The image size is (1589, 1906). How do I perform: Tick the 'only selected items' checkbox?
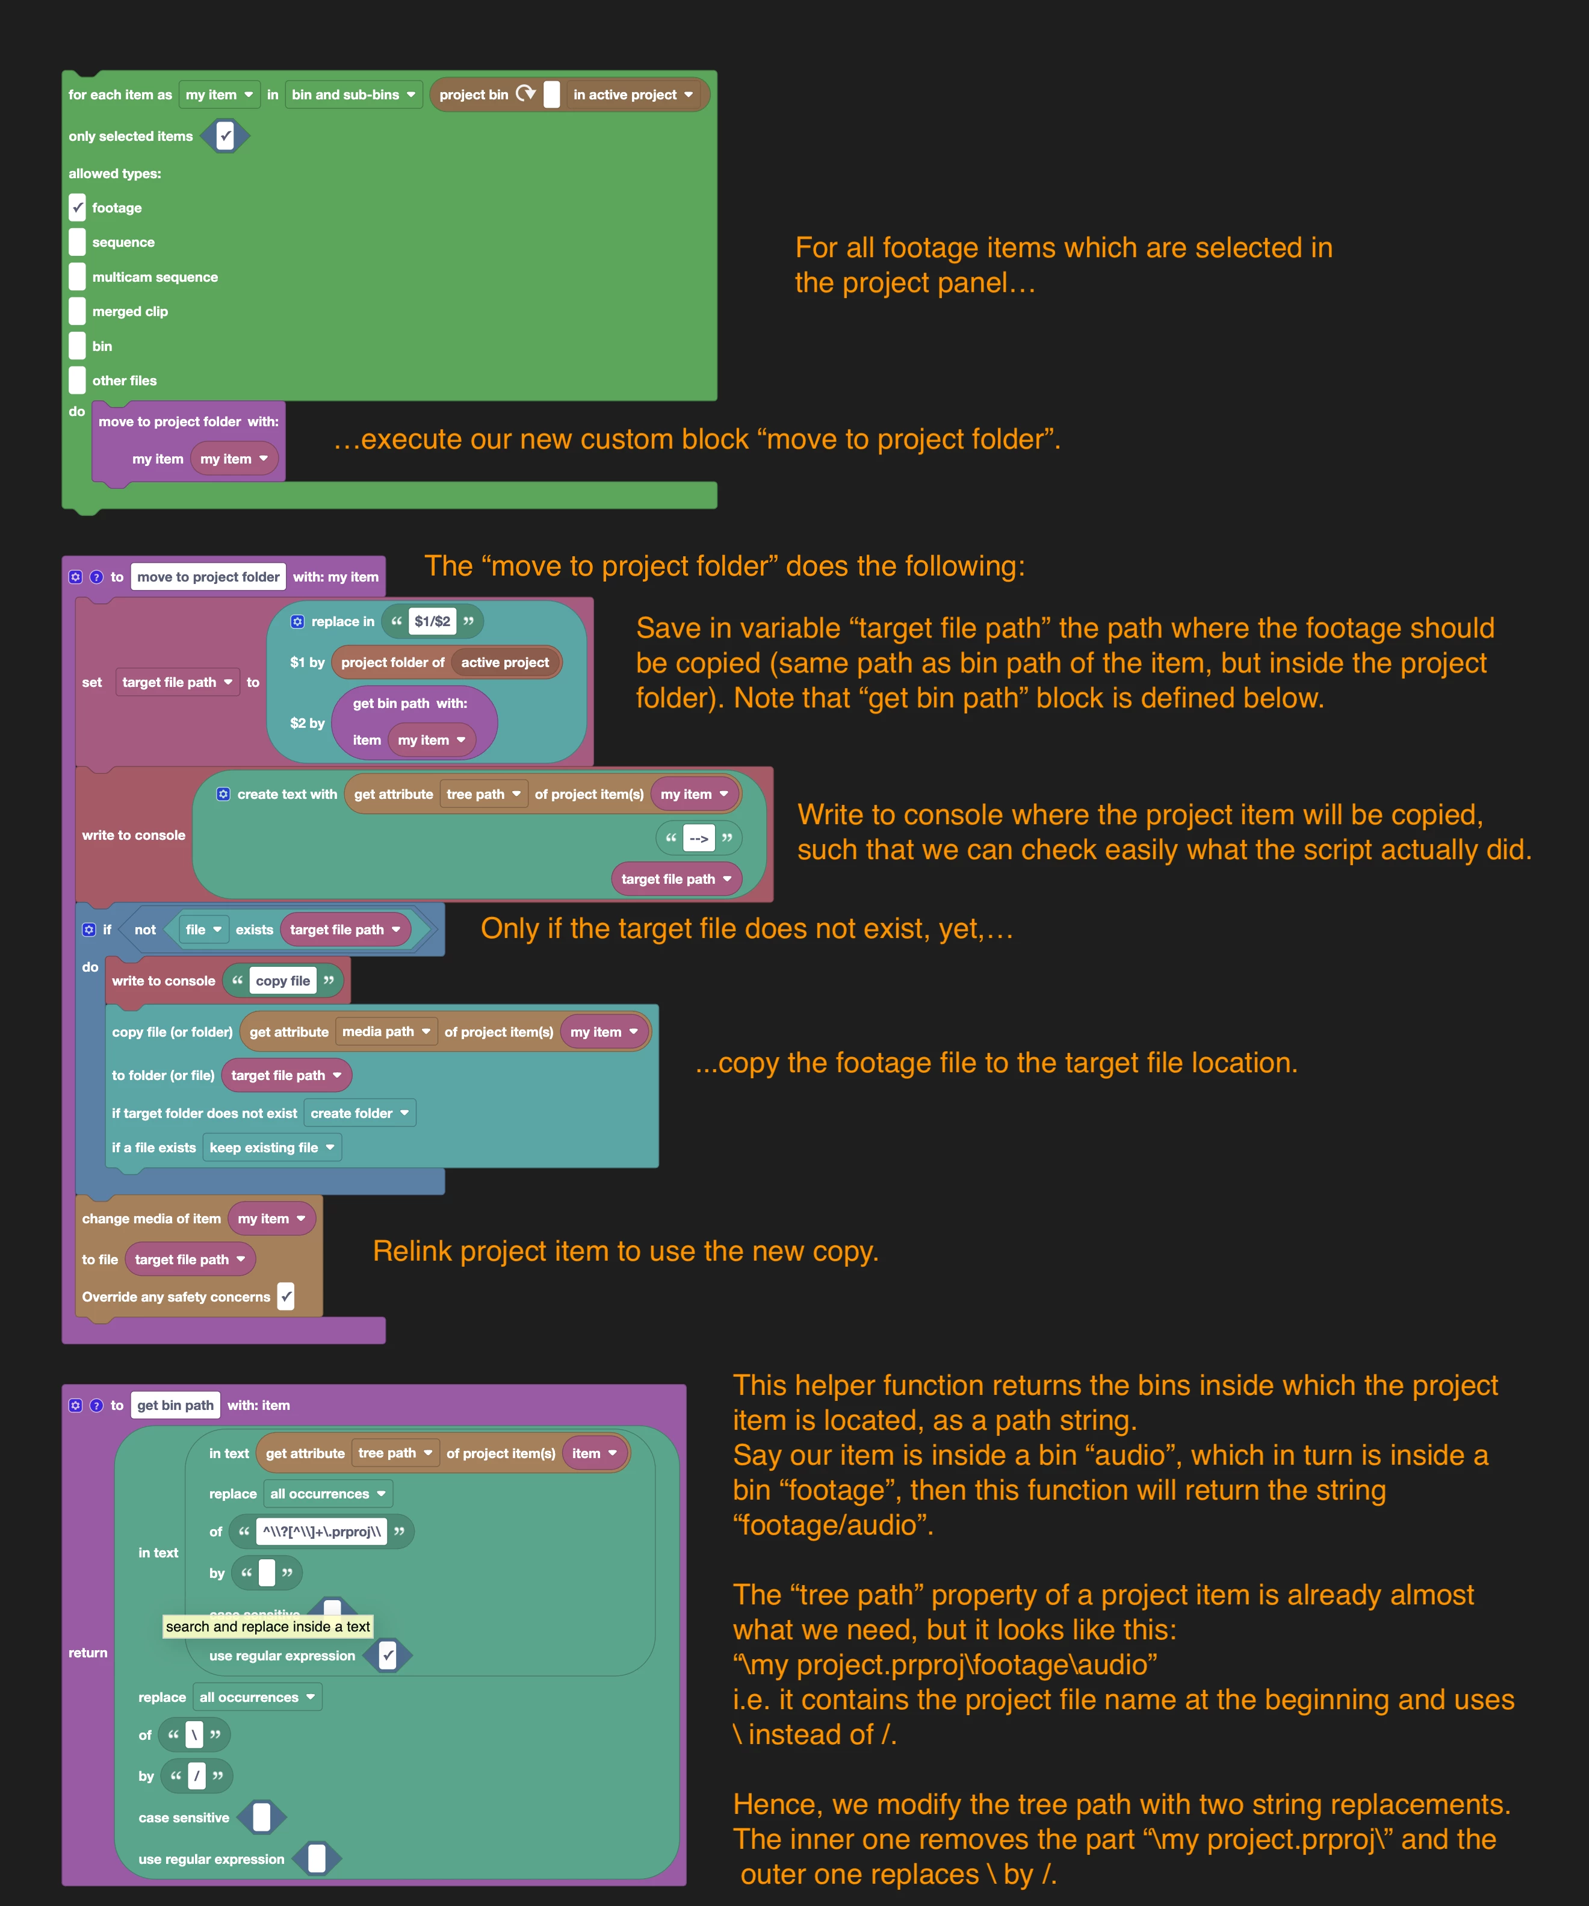(x=225, y=136)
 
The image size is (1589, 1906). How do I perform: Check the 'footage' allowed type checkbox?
(x=77, y=208)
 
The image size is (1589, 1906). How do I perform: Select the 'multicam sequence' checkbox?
(x=77, y=277)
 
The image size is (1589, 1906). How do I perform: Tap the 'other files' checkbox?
(x=77, y=380)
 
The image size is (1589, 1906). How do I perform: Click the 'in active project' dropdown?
(x=633, y=95)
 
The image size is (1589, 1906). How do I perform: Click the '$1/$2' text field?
(x=432, y=622)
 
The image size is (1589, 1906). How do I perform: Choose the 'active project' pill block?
(x=504, y=663)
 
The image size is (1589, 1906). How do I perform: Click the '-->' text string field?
(x=699, y=838)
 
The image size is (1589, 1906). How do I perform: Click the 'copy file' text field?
(x=283, y=981)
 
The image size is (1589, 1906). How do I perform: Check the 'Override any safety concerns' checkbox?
(x=286, y=1297)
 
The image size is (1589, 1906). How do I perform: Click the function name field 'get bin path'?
(x=175, y=1405)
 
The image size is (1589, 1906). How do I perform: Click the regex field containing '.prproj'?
(x=322, y=1532)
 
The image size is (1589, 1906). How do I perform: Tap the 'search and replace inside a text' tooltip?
(x=268, y=1627)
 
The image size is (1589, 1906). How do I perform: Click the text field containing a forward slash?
(x=196, y=1776)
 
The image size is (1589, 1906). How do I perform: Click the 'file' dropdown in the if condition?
(x=203, y=930)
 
